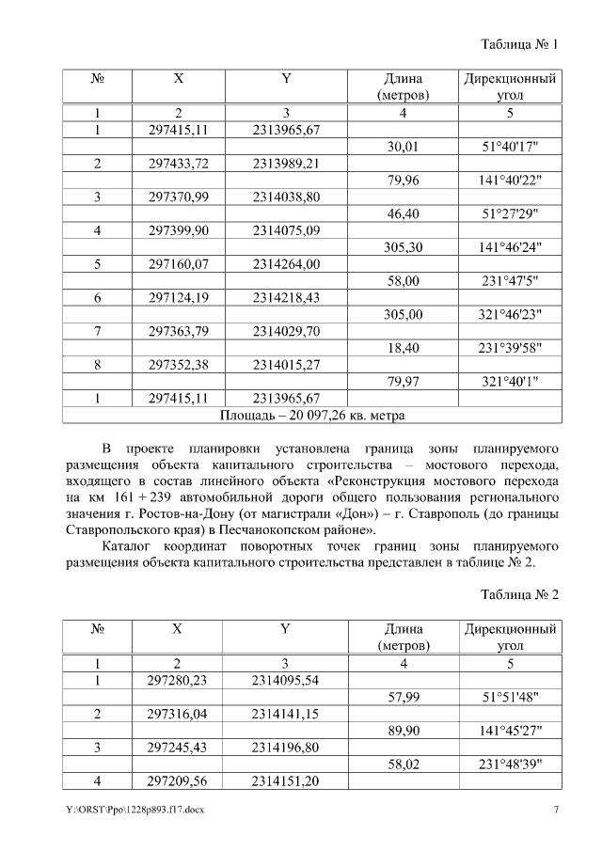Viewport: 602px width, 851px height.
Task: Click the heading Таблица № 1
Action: coord(519,44)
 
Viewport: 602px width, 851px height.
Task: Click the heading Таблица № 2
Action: coord(519,595)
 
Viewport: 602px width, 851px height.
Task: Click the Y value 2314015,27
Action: coord(287,364)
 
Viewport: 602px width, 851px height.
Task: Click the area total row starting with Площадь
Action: coord(311,414)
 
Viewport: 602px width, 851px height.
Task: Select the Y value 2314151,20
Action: coord(287,780)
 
